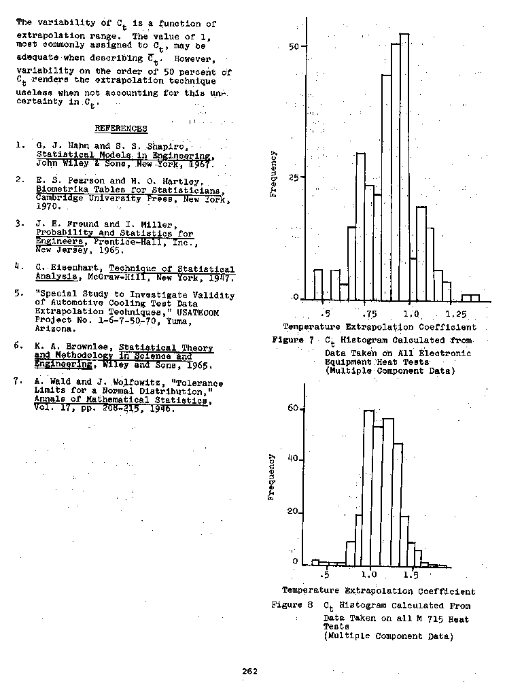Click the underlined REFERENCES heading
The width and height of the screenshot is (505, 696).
coord(121,128)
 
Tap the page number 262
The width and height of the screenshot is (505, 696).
coord(249,672)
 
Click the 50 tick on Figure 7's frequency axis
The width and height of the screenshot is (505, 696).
coord(294,46)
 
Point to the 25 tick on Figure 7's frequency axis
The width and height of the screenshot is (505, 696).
coord(294,176)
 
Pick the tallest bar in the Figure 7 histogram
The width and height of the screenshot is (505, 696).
coord(404,167)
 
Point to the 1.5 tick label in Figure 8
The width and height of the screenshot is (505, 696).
coord(411,574)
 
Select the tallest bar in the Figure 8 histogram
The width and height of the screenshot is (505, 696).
coord(369,488)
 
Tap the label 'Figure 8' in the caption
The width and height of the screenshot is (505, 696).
coord(292,604)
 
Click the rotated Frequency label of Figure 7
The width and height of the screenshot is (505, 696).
coord(273,174)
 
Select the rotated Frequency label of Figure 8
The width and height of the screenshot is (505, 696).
coord(271,476)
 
